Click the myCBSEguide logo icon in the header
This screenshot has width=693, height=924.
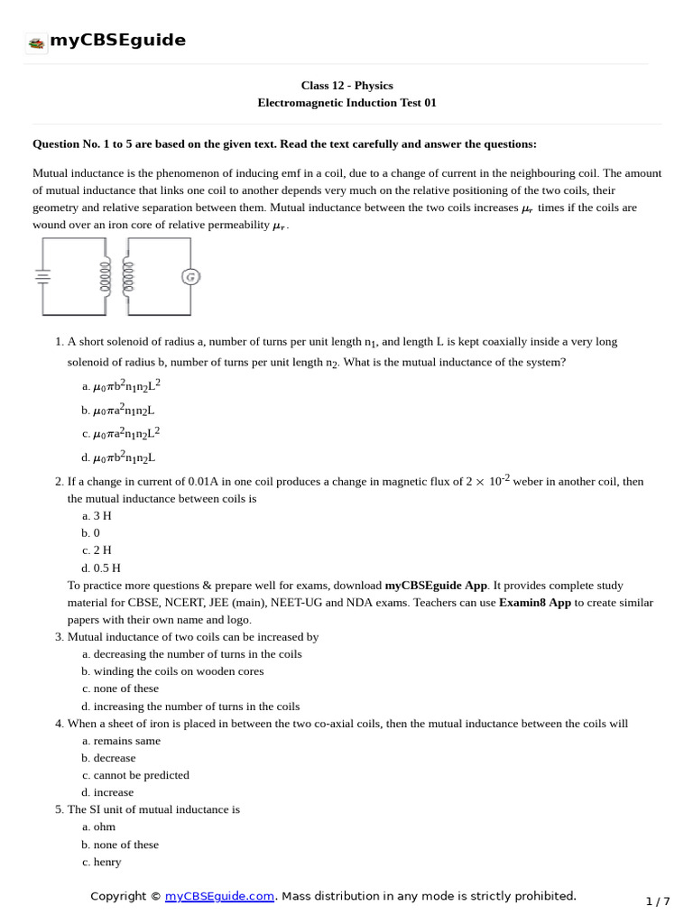(36, 42)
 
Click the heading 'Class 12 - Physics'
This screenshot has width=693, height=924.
(346, 86)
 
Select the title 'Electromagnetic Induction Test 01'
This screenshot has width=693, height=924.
(346, 103)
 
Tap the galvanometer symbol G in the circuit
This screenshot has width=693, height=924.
(190, 277)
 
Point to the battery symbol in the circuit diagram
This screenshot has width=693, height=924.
(42, 276)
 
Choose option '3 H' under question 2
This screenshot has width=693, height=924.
(102, 515)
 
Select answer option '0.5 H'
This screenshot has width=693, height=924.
(106, 568)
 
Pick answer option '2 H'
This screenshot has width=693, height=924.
(102, 550)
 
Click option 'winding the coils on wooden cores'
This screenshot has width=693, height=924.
(179, 671)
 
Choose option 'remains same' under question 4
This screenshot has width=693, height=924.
(126, 741)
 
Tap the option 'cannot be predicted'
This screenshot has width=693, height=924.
(141, 775)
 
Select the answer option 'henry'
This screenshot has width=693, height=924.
(107, 862)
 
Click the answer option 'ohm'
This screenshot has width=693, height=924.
(104, 827)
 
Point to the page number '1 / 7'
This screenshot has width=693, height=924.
(658, 901)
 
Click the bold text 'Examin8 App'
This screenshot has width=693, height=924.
(534, 603)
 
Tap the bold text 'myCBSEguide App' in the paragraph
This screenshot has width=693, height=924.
(437, 586)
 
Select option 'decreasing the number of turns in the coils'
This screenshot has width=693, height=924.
(198, 654)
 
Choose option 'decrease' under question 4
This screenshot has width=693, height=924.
(115, 758)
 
